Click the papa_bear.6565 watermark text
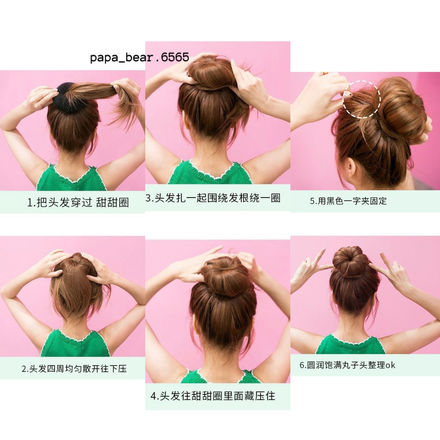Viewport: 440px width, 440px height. coord(140,57)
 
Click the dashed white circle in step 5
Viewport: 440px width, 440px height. coord(361,99)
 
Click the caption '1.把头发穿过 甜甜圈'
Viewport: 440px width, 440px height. coord(78,202)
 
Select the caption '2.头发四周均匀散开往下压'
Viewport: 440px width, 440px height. coord(74,368)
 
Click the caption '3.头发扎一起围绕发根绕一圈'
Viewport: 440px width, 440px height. coord(213,198)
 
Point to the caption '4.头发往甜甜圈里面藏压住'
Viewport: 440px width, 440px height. coord(213,396)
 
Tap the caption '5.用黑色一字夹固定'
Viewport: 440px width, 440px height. coord(348,201)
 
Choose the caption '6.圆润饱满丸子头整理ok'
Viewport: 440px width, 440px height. coord(347,365)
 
